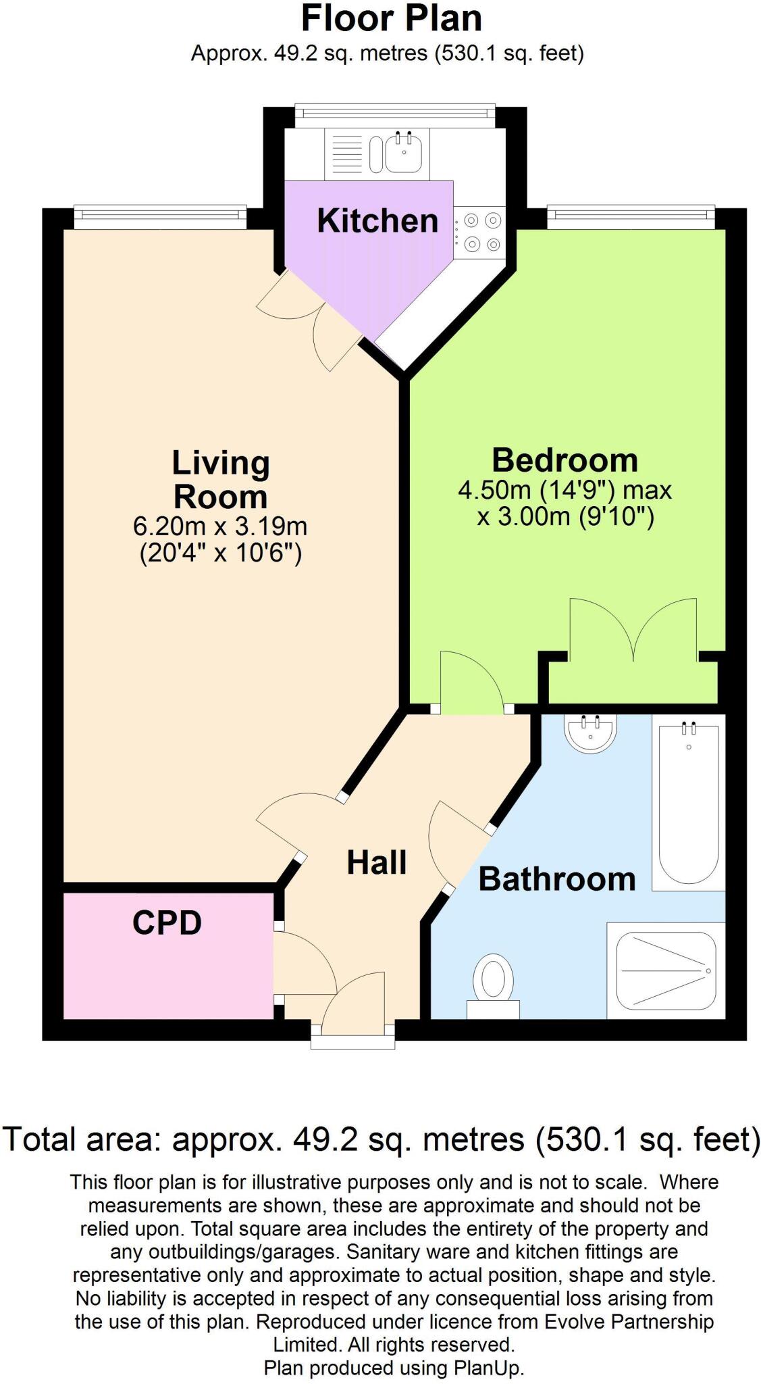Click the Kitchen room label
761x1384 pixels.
pyautogui.click(x=377, y=221)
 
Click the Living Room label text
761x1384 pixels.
pyautogui.click(x=221, y=479)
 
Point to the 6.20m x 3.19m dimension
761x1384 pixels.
pyautogui.click(x=221, y=526)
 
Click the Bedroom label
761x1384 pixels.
pyautogui.click(x=565, y=460)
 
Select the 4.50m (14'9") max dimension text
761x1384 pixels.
pyautogui.click(x=565, y=489)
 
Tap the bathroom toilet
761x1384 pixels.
pyautogui.click(x=493, y=984)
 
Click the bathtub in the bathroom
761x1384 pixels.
pyautogui.click(x=688, y=804)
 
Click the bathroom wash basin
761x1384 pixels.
pyautogui.click(x=589, y=734)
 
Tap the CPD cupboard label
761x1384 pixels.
pyautogui.click(x=167, y=922)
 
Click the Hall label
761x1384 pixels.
pyautogui.click(x=376, y=862)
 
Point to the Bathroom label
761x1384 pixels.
pyautogui.click(x=556, y=879)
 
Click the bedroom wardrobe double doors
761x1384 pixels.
pyautogui.click(x=633, y=632)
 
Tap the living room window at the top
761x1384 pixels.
pyautogui.click(x=159, y=214)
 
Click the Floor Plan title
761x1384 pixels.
pyautogui.click(x=391, y=19)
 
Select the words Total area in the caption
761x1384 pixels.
pyautogui.click(x=80, y=1139)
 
